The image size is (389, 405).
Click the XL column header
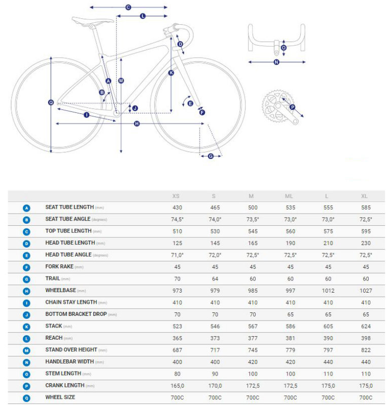point(364,196)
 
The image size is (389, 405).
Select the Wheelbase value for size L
point(328,291)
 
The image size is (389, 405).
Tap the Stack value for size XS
point(178,326)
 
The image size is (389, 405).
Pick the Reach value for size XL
point(366,338)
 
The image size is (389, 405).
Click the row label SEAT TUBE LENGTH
point(69,207)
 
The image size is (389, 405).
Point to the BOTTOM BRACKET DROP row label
point(76,314)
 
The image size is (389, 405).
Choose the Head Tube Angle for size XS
point(178,255)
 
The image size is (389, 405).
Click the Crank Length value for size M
point(253,386)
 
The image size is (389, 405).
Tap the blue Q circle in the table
point(26,398)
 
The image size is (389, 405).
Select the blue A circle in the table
point(26,208)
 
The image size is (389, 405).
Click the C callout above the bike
point(128,7)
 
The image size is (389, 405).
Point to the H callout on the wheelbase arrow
point(137,124)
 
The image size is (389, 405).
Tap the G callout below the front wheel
point(210,156)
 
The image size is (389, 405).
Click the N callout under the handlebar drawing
point(276,62)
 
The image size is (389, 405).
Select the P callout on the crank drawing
point(293,107)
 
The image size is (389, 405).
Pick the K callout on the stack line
point(171,73)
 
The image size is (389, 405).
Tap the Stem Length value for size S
point(215,374)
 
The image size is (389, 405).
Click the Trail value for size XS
point(178,279)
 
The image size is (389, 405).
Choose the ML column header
point(289,196)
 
